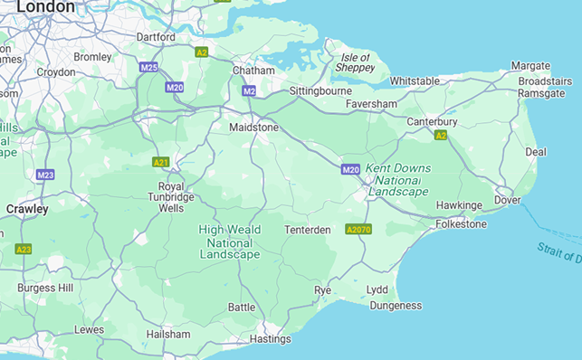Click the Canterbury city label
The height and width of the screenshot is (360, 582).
coord(433,121)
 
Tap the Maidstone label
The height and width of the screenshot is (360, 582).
coord(254,128)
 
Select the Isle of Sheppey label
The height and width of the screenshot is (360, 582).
coord(354,62)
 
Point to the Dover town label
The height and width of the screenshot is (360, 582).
coord(507,200)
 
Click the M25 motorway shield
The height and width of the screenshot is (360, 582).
coord(148,67)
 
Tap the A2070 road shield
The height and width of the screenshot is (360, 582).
coord(358,230)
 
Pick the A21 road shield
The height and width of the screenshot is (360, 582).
coord(161,162)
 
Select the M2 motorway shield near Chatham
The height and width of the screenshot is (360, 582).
coord(249,90)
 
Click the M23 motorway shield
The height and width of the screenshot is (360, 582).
coord(45,174)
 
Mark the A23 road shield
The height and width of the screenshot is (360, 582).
coord(24,249)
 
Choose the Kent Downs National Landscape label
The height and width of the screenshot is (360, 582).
coord(398,180)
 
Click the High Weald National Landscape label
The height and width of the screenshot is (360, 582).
coord(229,242)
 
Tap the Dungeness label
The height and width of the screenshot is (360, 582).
coord(395,306)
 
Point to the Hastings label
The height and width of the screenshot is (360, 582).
coord(270,339)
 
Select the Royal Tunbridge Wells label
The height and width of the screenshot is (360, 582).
coord(170,197)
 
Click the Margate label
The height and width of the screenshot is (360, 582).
coord(530,66)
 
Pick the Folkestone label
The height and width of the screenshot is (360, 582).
coord(461,223)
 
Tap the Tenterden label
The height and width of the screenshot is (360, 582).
coord(308,230)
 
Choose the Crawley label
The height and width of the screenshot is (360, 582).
coord(27,209)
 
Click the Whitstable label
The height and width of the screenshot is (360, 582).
coord(415,81)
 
